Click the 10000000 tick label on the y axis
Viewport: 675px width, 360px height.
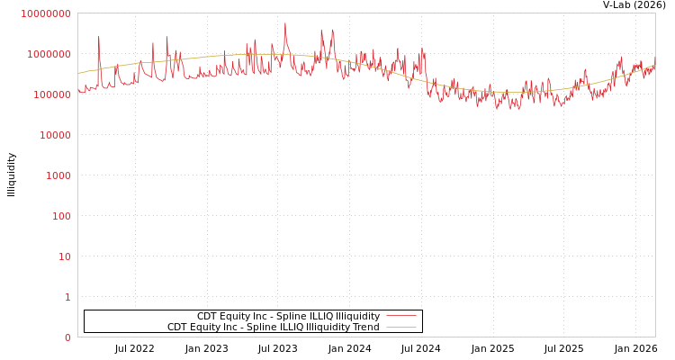pos(45,13)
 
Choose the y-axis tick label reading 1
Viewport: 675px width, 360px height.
pos(67,297)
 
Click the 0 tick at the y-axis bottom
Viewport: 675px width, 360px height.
pos(67,337)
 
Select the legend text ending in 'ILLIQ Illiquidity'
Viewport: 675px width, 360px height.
pos(288,316)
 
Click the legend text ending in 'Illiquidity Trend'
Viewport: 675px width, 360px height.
pos(273,327)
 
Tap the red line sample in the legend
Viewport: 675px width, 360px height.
pos(400,316)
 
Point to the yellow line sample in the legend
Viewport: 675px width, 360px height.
pos(400,327)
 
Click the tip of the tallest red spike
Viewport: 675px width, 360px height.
pos(285,23)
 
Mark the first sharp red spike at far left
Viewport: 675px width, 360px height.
pos(99,37)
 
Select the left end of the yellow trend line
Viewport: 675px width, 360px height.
pos(78,74)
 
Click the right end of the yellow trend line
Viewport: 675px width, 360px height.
pos(654,65)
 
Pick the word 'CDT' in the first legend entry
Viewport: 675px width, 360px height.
pos(207,316)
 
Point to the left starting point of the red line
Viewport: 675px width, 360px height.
pos(78,90)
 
